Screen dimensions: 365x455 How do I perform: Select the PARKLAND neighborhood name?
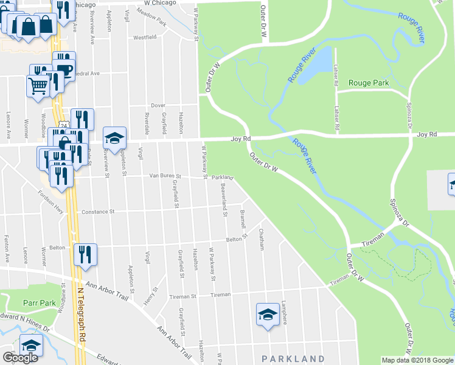point(293,359)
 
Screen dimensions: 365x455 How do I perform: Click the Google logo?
point(20,358)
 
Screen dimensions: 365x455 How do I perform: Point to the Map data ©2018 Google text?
point(417,360)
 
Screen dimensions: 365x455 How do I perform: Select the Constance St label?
point(99,212)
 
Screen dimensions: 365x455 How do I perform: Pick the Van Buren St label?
point(166,176)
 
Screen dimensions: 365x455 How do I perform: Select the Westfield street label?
point(145,37)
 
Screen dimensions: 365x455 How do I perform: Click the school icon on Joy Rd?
point(114,137)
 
